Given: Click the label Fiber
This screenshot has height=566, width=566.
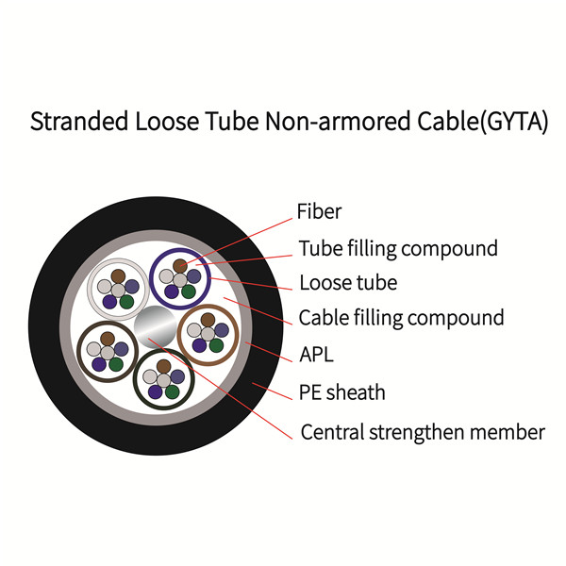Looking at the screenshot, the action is click(319, 211).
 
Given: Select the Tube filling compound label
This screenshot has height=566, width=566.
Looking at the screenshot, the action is click(398, 249).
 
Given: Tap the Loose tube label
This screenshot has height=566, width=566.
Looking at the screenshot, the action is click(348, 283).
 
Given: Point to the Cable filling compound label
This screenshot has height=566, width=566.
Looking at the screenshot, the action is click(401, 319).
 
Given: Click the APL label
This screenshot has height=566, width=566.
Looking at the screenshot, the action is click(317, 355).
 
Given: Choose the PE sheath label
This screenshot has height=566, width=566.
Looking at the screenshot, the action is click(342, 392).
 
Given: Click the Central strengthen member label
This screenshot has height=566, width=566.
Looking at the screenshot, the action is click(423, 432).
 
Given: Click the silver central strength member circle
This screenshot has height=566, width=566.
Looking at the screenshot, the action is click(155, 326).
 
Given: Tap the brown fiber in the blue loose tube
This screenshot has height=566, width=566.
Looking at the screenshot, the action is click(180, 266).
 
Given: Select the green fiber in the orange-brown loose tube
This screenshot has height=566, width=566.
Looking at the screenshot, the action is click(216, 345).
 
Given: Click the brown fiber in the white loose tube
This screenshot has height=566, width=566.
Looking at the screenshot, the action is click(118, 276).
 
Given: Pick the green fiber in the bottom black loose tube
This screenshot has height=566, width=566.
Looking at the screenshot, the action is click(173, 391).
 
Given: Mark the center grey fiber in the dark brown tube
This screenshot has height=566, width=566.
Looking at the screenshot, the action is click(108, 353).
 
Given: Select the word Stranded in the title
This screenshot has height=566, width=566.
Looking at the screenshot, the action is click(79, 121).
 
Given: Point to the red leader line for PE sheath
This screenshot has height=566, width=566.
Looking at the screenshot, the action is click(273, 391).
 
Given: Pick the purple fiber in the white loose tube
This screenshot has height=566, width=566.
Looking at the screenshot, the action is click(109, 302).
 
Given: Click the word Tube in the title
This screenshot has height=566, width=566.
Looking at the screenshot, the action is click(232, 121).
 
